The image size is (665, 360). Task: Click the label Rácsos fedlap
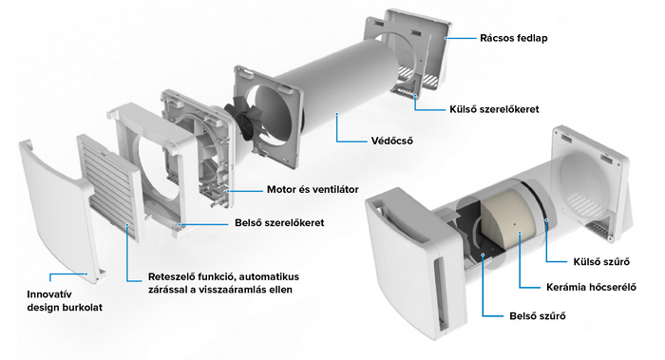pos(514,38)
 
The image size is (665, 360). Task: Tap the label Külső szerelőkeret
pos(494,109)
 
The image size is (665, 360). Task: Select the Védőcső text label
pos(391,141)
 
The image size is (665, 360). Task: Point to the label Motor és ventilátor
pos(313,190)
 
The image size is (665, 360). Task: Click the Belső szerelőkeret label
pos(279,222)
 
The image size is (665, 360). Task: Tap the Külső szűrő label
pos(601,261)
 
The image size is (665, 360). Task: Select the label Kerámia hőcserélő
pos(591,287)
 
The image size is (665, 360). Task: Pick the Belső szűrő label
pos(538,316)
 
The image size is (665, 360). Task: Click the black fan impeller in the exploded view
pos(243,120)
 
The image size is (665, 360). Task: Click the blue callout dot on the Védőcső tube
pos(336,114)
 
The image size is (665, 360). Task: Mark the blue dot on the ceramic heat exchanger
pos(520,233)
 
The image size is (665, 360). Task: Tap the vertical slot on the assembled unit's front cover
pos(441,294)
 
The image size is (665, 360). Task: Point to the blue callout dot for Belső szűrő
pos(483,255)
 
